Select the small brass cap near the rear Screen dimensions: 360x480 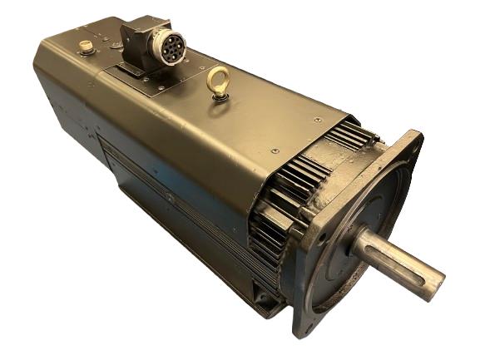pos(86,47)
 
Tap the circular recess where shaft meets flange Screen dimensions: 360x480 pos(364,241)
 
